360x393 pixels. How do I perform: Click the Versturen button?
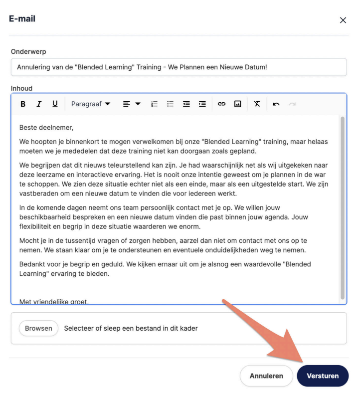322,376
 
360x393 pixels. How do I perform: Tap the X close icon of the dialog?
343,20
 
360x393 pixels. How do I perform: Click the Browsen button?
38,328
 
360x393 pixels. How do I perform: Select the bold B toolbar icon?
23,104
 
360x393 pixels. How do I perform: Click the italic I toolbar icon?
39,104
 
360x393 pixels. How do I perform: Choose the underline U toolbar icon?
55,104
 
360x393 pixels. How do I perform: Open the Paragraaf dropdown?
91,104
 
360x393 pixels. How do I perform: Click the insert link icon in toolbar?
221,104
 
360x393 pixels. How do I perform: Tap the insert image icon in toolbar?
238,104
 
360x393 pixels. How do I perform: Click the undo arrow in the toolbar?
276,104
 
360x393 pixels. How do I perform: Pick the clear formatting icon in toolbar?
257,104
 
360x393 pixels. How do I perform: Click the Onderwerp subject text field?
179,67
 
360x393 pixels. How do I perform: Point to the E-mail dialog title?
22,19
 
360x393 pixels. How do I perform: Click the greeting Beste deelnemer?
46,128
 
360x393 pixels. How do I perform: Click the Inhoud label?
21,88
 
